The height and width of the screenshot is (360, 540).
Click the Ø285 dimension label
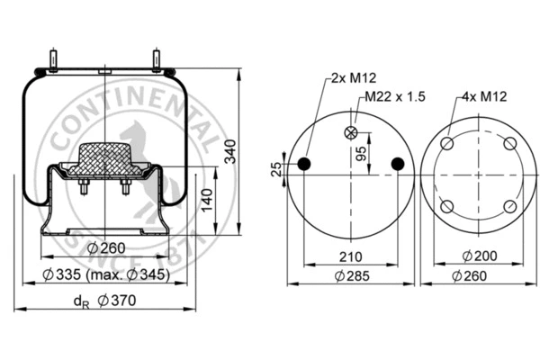click(351, 275)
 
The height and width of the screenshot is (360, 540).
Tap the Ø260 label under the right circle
click(477, 275)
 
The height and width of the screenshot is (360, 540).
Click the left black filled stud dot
click(304, 163)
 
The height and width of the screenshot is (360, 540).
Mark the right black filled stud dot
click(398, 163)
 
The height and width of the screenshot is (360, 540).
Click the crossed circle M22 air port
click(351, 133)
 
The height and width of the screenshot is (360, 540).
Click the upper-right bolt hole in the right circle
click(509, 145)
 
